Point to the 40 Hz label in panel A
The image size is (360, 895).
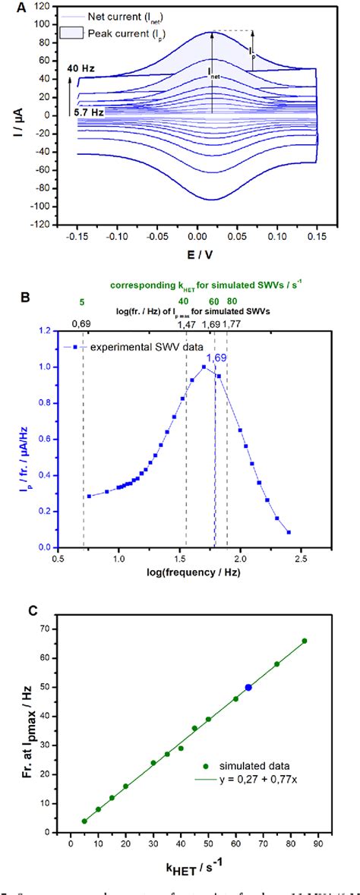click(81, 68)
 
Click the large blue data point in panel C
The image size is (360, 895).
click(248, 688)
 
